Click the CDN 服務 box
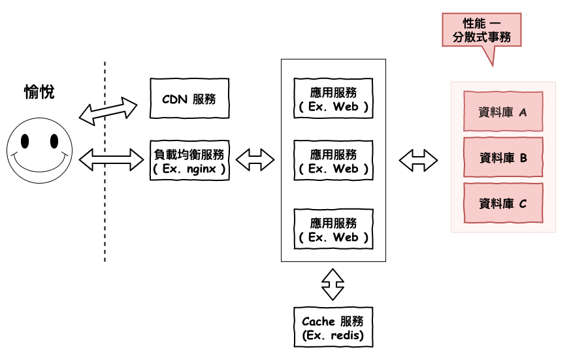[189, 99]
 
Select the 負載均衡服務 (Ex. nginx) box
[189, 161]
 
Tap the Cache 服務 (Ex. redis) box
[333, 328]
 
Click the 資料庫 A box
[503, 112]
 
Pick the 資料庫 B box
[503, 157]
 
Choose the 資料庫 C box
[503, 203]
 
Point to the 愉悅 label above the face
[39, 92]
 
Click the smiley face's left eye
[25, 141]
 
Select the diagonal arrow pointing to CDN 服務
[108, 110]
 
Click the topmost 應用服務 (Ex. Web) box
[333, 99]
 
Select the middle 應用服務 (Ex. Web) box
[333, 161]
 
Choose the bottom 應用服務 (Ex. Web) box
[333, 229]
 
